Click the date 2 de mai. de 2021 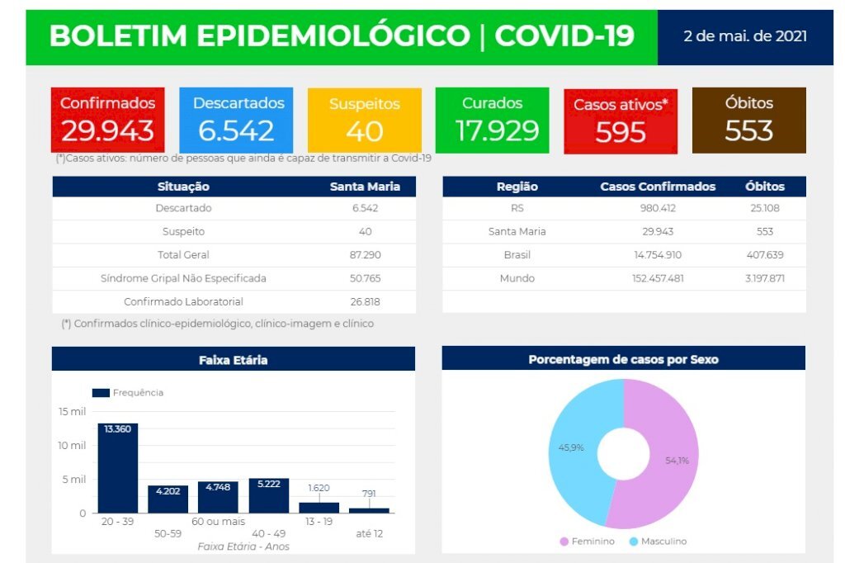(x=745, y=37)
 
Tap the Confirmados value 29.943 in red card (x=107, y=130)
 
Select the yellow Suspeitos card (x=364, y=121)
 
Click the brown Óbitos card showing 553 (x=748, y=121)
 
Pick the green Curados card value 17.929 (x=492, y=130)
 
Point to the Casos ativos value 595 (x=620, y=132)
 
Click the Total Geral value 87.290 (x=365, y=255)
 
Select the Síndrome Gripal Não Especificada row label (x=183, y=278)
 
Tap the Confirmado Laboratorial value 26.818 (x=365, y=302)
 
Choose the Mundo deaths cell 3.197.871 (x=764, y=278)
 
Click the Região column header (x=517, y=187)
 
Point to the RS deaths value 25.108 (x=764, y=208)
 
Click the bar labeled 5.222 (x=269, y=495)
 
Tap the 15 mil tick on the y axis (x=72, y=411)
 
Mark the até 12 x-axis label (x=369, y=534)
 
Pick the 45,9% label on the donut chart (x=571, y=447)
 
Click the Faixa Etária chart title (x=233, y=360)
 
